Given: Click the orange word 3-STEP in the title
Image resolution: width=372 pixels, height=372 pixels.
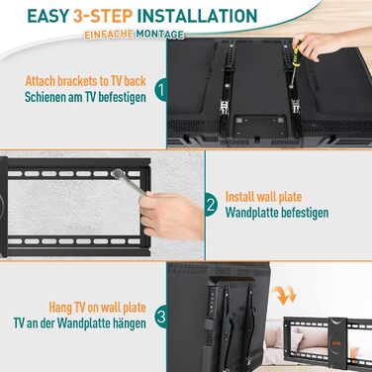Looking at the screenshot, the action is (x=103, y=16).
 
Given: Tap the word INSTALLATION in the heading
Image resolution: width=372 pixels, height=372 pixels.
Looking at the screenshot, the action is (x=197, y=16).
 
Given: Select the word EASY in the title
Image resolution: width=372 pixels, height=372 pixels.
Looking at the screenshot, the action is (x=48, y=16).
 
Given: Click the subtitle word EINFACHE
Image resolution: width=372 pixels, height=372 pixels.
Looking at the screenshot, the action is (x=109, y=35).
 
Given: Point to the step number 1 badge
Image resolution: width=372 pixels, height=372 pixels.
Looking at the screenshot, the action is (x=161, y=90).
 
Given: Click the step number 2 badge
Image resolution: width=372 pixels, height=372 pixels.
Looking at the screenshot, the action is (x=211, y=206).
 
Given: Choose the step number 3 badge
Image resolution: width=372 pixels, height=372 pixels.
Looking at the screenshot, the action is (x=161, y=318).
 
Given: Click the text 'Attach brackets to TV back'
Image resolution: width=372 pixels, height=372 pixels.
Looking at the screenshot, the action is (x=85, y=81).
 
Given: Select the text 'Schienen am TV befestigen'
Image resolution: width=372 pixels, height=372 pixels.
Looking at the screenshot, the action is (x=85, y=97).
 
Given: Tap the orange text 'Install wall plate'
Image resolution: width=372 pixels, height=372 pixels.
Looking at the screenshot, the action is (x=263, y=197).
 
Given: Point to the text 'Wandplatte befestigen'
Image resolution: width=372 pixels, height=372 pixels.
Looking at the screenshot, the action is (x=277, y=213).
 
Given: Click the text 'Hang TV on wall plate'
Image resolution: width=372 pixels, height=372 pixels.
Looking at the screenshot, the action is (x=97, y=308).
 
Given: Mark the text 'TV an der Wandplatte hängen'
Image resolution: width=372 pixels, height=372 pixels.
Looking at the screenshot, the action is (x=79, y=324).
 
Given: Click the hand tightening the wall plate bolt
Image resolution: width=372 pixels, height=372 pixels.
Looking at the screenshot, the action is (x=171, y=215).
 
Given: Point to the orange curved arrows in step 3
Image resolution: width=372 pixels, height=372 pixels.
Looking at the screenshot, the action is (x=285, y=295).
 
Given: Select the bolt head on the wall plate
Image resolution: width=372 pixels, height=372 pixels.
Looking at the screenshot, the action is (x=117, y=174).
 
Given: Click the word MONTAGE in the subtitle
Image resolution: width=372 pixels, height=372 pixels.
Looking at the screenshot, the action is (x=160, y=35).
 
